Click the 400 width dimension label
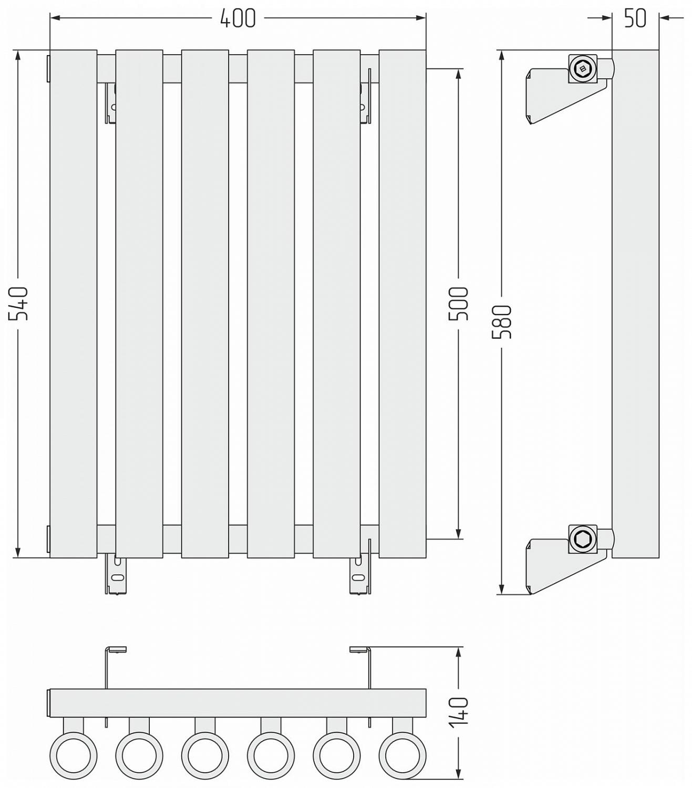237,18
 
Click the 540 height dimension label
18,304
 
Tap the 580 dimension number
502,322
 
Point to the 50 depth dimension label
635,18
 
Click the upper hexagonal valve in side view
582,68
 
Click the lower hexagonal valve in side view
582,539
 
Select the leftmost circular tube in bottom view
74,755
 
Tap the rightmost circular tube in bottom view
402,755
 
